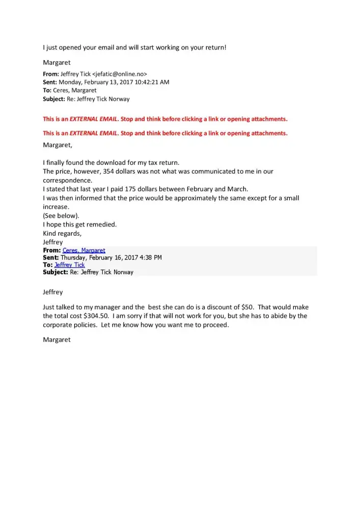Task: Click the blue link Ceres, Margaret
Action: click(x=84, y=250)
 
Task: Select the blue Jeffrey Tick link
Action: click(x=69, y=265)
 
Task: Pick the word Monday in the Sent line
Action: click(x=71, y=82)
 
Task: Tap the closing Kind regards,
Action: click(x=62, y=233)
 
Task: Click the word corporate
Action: click(x=59, y=325)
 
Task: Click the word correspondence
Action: click(x=68, y=180)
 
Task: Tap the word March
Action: click(x=237, y=189)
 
